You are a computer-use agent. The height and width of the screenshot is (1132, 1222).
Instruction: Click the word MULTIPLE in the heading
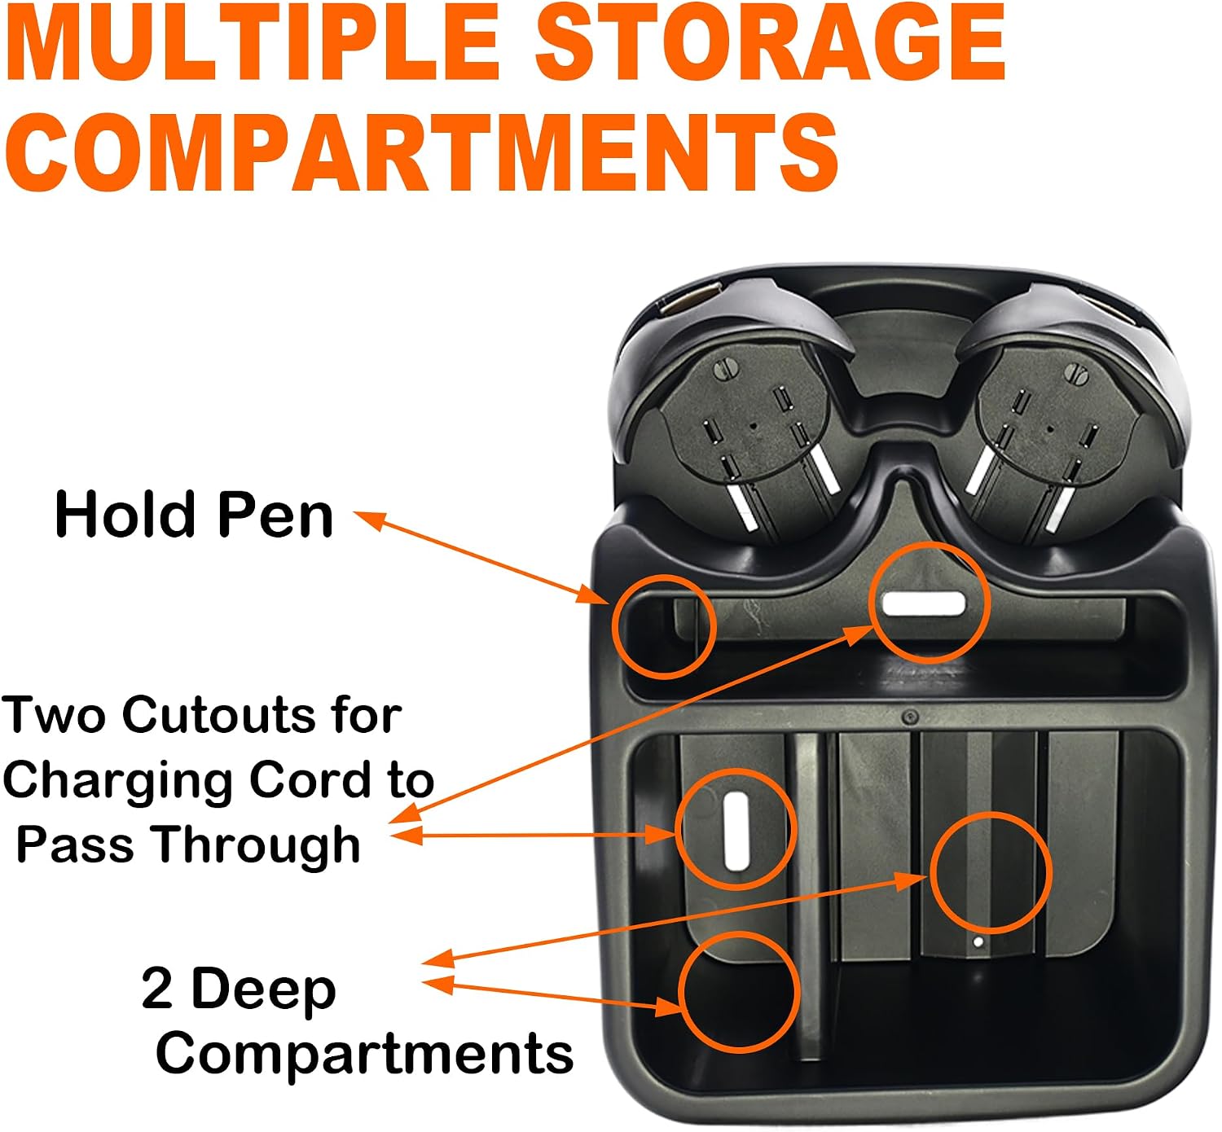tap(253, 42)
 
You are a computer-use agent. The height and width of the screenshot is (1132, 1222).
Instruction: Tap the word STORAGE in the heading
tap(771, 42)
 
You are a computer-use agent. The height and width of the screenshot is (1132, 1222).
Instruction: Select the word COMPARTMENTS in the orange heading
tap(421, 152)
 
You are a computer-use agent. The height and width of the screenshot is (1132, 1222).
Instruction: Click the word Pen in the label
tap(275, 515)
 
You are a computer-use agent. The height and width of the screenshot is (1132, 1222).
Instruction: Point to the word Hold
tap(127, 515)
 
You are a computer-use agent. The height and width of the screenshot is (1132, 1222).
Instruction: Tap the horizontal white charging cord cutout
tap(923, 604)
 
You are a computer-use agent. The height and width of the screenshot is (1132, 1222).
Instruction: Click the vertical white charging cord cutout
tap(736, 831)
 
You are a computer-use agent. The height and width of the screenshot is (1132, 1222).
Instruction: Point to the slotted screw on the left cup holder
tap(725, 371)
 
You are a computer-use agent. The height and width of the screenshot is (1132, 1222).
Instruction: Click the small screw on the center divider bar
tap(912, 717)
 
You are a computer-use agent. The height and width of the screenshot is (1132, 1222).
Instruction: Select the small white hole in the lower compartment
tap(978, 942)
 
